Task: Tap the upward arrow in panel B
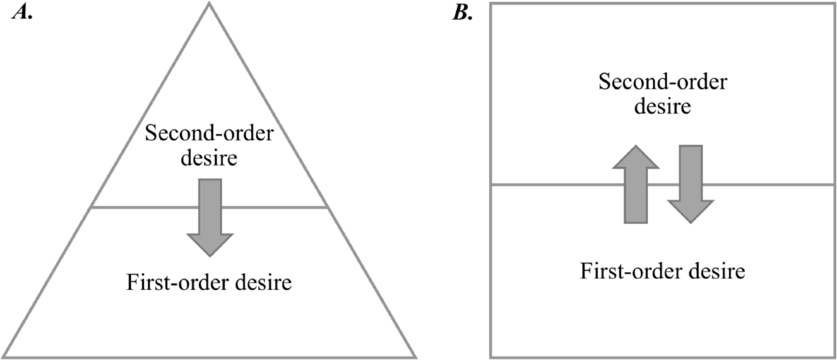click(x=635, y=185)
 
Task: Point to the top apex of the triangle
click(x=209, y=3)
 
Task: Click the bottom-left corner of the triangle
click(x=3, y=357)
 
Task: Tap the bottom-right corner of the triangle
click(x=416, y=357)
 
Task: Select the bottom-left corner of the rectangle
click(x=491, y=357)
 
